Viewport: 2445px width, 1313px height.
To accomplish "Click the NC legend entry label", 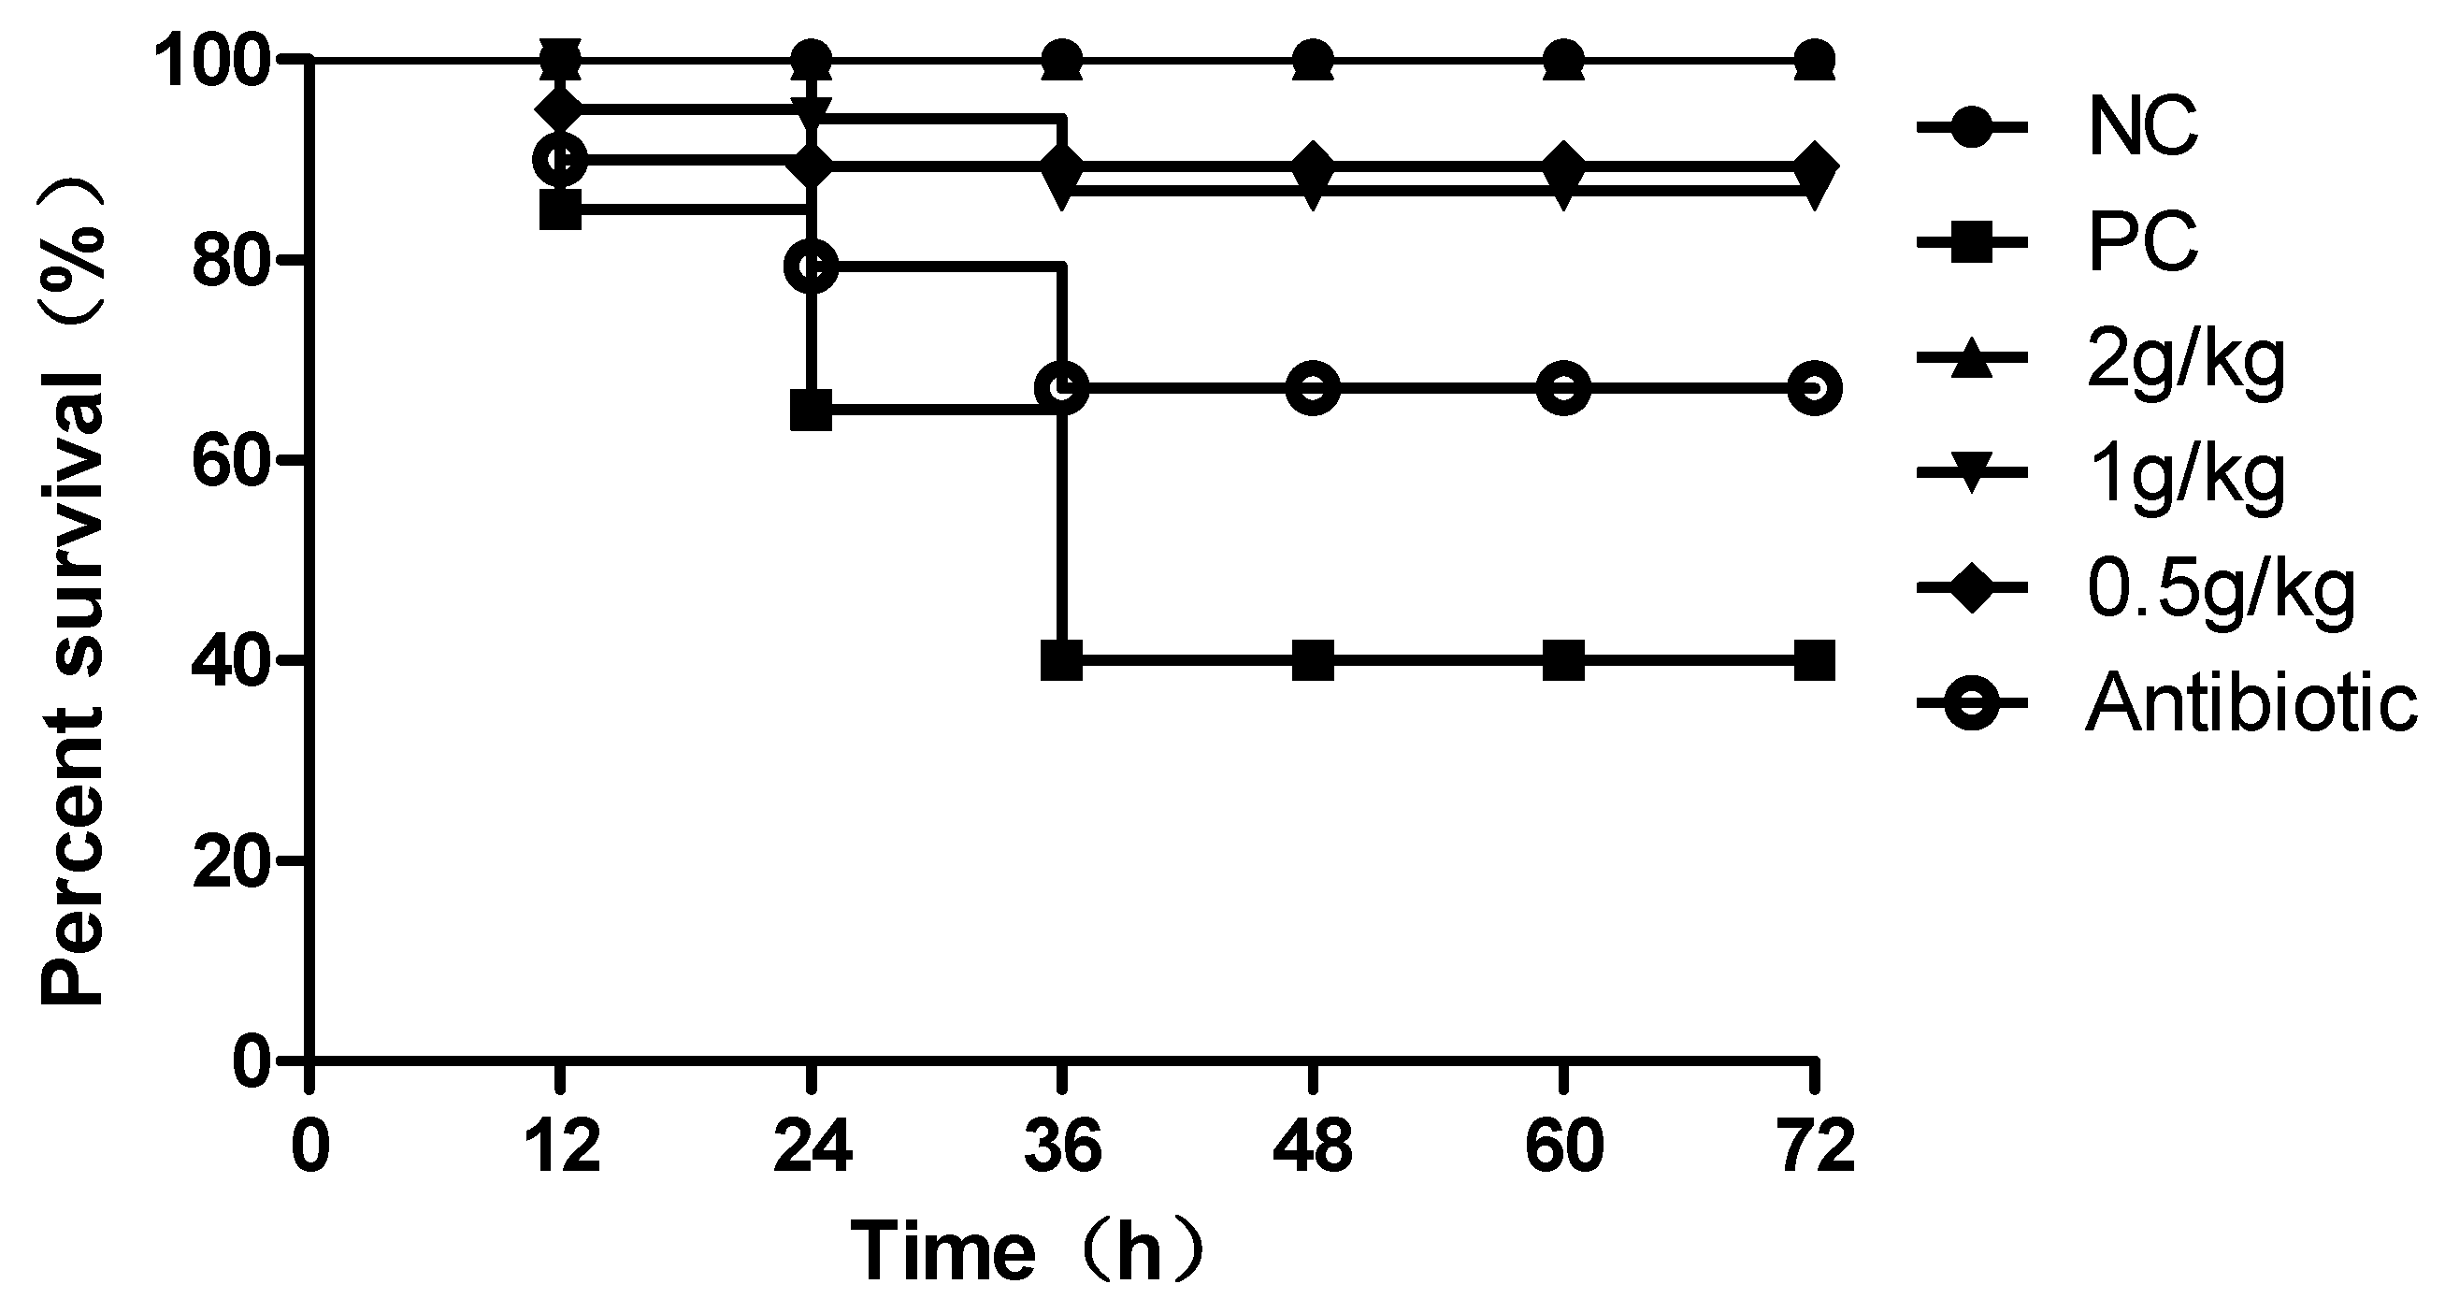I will pos(2142,128).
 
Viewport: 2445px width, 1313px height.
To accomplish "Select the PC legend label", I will pos(2142,243).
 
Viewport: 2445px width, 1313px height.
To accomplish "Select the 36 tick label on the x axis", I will pos(1062,1147).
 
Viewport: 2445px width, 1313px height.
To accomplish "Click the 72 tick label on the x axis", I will pos(1815,1147).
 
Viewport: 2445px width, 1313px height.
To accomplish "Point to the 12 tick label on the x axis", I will pos(560,1147).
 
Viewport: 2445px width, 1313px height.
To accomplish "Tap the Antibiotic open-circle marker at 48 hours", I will pos(1314,388).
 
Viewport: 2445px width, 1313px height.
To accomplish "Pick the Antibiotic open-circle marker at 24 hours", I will pos(812,267).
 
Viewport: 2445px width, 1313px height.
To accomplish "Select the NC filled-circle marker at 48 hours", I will pos(1314,59).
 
